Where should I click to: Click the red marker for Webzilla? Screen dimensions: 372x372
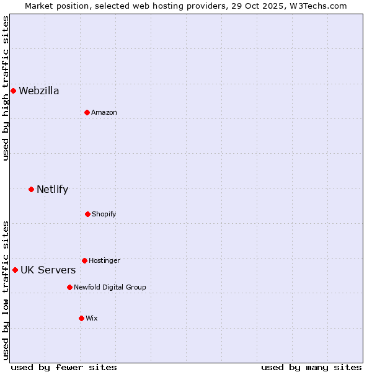(13, 91)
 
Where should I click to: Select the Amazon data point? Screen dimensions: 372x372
(87, 112)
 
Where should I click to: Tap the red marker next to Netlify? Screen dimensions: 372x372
(31, 189)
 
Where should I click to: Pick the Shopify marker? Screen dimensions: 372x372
(87, 214)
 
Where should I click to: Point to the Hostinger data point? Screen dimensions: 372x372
(84, 260)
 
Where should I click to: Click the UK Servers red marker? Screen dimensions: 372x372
(15, 270)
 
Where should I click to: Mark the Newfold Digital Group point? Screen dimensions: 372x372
(69, 287)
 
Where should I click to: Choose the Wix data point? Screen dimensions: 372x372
(81, 318)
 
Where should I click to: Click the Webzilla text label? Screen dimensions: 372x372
(39, 91)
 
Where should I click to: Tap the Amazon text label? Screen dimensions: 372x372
(104, 113)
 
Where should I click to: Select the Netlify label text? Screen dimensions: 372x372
(52, 190)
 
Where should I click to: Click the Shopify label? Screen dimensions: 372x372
(104, 215)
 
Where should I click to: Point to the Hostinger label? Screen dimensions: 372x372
(104, 261)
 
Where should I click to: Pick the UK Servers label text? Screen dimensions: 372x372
(48, 270)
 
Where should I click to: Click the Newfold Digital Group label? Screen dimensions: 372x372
(110, 288)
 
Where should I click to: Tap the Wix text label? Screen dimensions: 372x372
(92, 319)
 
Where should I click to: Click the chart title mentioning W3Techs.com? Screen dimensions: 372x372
(186, 6)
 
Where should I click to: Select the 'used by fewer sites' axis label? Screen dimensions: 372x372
(64, 367)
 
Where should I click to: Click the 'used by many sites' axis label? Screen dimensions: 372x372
(311, 367)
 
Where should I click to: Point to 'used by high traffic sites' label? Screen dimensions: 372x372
(6, 88)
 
